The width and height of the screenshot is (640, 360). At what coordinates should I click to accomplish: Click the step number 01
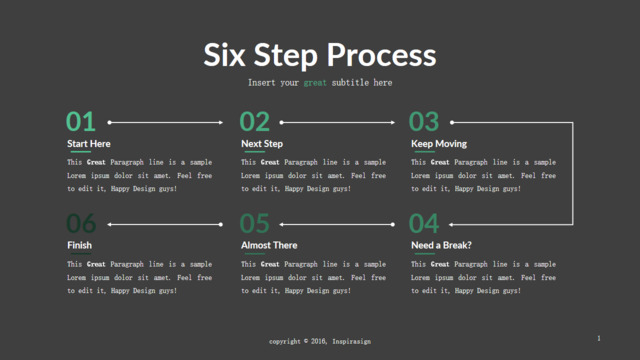coord(81,122)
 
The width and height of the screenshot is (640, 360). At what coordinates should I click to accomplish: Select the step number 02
coord(255,122)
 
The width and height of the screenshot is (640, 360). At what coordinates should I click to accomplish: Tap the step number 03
coord(424,122)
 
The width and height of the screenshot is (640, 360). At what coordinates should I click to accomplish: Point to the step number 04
coord(424,224)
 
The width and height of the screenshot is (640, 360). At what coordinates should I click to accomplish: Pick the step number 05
coord(255,224)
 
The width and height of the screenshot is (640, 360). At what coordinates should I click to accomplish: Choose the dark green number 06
coord(81,224)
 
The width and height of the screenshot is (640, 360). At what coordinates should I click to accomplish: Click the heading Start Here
coord(89,144)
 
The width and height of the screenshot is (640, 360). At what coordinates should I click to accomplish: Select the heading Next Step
coord(262,144)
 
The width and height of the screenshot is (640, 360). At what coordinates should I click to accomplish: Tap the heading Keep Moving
coord(439,144)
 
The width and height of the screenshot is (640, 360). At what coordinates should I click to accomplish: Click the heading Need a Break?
coord(441,245)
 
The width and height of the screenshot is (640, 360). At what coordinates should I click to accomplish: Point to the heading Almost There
coord(269,245)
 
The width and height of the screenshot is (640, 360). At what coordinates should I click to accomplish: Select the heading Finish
coord(79,245)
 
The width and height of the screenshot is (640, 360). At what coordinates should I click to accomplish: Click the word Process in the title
coord(381,55)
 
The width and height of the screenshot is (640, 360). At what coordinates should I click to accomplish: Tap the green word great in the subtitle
coord(315,83)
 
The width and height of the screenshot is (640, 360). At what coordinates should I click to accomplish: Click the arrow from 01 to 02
coord(165,122)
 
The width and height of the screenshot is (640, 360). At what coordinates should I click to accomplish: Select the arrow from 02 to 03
coord(338,122)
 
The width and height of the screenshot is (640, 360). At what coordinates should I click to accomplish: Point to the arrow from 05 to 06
coord(165,224)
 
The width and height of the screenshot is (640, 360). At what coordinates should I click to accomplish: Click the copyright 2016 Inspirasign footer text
coord(320,341)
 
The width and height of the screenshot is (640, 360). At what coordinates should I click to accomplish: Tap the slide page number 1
coord(599,338)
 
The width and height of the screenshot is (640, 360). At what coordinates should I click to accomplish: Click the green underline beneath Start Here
coord(81,152)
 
